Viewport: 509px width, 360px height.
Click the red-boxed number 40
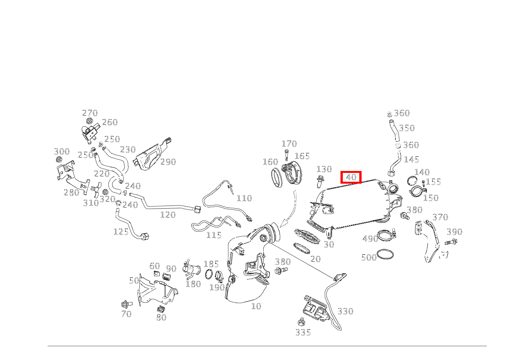351,177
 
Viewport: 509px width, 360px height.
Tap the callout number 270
90,113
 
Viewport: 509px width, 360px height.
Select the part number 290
168,162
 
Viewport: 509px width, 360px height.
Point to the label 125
121,232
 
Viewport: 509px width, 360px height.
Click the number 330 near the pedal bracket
345,311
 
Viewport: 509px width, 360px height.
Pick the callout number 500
369,257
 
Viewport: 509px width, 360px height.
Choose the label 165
302,156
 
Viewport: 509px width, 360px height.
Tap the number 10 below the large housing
256,306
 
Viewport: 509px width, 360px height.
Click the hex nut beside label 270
89,121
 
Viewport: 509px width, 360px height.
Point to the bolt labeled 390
451,242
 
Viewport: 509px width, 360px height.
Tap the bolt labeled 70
127,304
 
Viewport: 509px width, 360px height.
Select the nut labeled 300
59,159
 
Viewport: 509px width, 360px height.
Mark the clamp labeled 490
387,236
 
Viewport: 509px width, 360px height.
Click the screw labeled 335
302,322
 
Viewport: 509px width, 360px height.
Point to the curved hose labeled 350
394,131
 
